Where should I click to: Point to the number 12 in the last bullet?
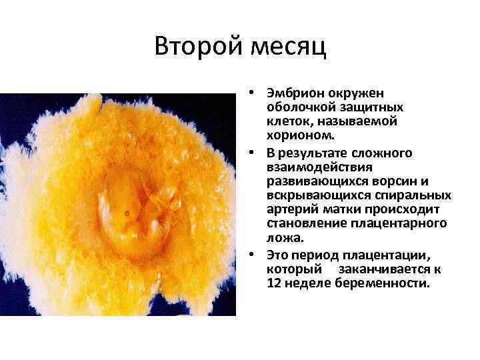point(273,283)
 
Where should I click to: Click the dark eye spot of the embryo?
point(127,213)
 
